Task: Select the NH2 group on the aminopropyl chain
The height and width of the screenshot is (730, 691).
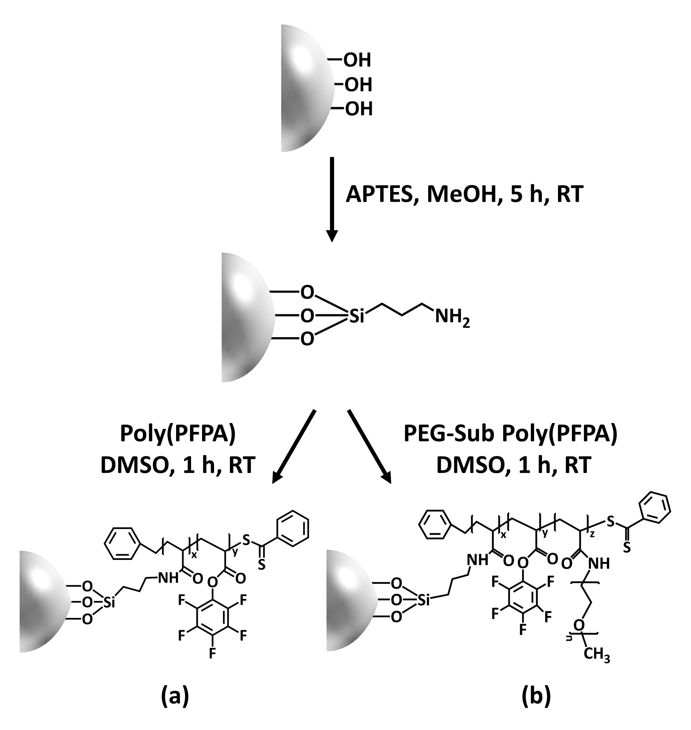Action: [x=452, y=317]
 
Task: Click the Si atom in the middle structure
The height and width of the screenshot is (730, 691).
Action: [x=356, y=316]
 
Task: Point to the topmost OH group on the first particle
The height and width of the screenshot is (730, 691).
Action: [x=357, y=61]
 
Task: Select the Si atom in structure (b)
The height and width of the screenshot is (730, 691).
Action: [x=424, y=601]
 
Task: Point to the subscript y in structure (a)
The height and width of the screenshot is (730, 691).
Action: [x=235, y=552]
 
